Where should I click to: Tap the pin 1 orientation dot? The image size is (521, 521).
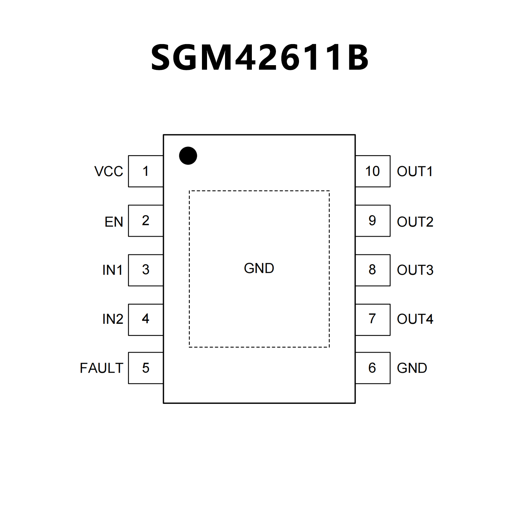[x=188, y=156]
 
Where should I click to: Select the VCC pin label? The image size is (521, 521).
[x=109, y=171]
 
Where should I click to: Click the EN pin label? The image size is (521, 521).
[x=114, y=222]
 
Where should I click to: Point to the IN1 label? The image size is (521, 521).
[x=112, y=270]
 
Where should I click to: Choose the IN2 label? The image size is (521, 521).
[x=113, y=319]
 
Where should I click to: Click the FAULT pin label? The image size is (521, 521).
[x=101, y=368]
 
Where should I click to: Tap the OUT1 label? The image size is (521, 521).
[x=415, y=171]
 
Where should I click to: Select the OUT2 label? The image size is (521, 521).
[x=415, y=222]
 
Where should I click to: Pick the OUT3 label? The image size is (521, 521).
[x=415, y=270]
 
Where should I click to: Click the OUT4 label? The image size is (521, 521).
[x=415, y=319]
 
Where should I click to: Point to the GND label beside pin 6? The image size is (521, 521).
[x=412, y=368]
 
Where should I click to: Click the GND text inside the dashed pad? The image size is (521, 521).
[x=259, y=268]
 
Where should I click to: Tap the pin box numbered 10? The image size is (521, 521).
[x=373, y=171]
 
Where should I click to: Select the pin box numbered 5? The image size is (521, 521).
[x=146, y=368]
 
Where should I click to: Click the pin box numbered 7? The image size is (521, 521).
[x=373, y=319]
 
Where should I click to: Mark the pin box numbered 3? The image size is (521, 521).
[x=146, y=270]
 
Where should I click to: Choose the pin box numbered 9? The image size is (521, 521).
[x=373, y=221]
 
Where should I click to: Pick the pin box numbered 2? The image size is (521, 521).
[x=146, y=221]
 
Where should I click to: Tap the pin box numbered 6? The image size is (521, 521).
[x=373, y=368]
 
